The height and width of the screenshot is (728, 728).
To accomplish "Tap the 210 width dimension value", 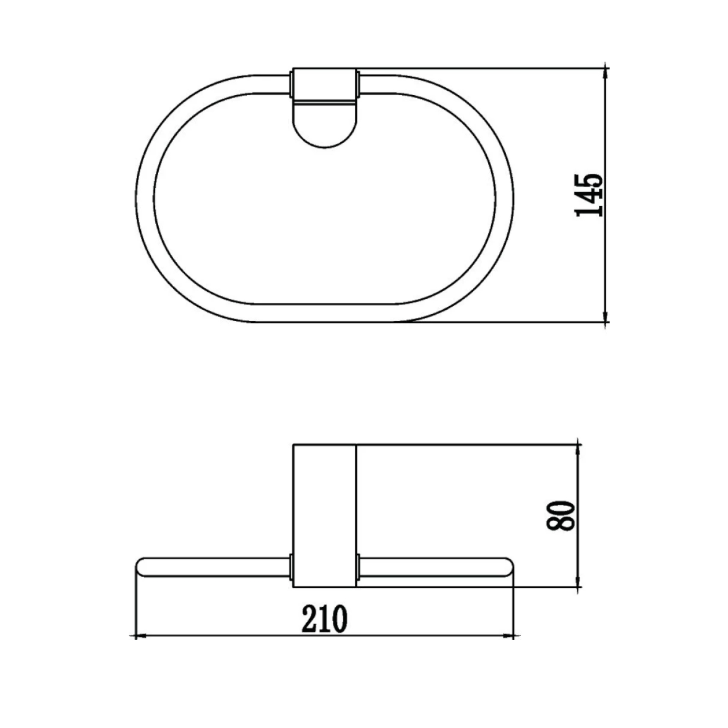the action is [325, 619].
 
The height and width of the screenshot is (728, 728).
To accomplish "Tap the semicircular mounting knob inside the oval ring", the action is [325, 125].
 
